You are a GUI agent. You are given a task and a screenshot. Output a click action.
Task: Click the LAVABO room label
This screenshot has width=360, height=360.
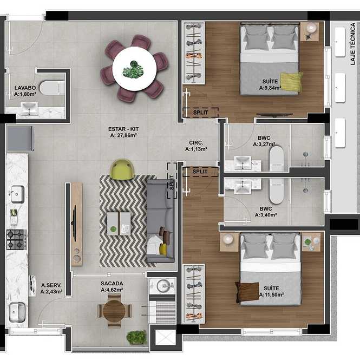[x=25, y=88]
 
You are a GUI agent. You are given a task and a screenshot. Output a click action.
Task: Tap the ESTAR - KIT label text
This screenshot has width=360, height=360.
[x=123, y=129]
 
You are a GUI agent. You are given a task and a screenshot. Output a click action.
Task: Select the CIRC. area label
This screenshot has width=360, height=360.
[x=196, y=143]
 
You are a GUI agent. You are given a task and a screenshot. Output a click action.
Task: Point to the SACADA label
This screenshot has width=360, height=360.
[x=112, y=284]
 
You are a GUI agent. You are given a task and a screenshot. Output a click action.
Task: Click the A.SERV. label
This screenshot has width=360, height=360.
[x=51, y=285]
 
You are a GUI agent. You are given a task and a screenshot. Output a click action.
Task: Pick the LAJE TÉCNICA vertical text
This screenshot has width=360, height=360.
[x=353, y=44]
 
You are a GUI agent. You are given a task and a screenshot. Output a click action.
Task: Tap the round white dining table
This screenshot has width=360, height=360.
[x=135, y=69]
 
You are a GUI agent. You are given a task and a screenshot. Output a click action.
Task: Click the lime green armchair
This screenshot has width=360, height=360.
[x=122, y=169]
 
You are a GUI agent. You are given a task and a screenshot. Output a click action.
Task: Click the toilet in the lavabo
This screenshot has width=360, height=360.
[x=51, y=88]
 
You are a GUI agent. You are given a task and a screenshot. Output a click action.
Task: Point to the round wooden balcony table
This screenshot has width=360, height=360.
[x=114, y=311]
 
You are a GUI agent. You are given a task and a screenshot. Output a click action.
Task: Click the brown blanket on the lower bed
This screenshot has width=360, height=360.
[x=247, y=292]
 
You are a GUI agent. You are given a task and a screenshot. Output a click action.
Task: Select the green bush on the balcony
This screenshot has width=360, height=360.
[x=136, y=337]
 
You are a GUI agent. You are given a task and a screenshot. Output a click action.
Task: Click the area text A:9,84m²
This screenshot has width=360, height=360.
[x=270, y=88]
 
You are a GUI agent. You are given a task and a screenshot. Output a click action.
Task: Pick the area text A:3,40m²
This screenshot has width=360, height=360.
[x=266, y=215]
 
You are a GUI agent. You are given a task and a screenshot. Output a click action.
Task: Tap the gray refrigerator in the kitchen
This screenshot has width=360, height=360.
[x=20, y=139]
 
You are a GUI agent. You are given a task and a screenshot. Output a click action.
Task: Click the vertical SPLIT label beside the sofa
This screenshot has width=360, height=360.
[x=172, y=182]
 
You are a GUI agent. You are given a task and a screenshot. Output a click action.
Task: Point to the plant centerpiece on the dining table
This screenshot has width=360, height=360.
[x=133, y=69]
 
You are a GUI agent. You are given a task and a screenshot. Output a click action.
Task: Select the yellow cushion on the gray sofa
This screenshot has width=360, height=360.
[x=163, y=249]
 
